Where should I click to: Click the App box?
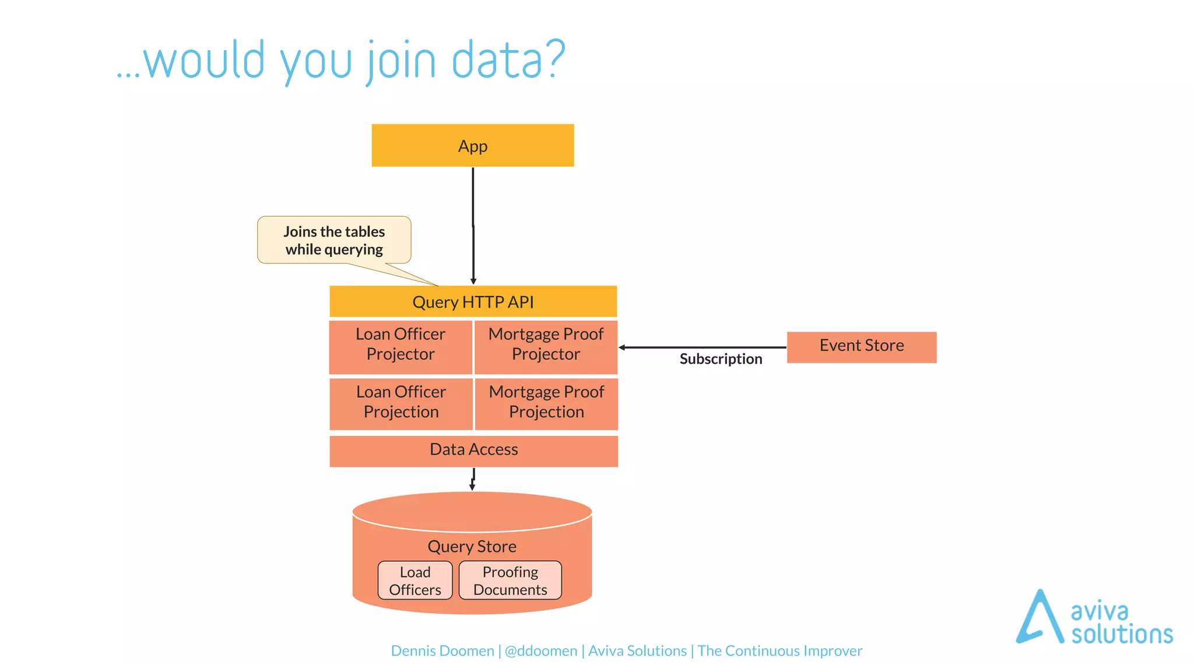tap(472, 146)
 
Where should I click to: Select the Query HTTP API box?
tap(473, 302)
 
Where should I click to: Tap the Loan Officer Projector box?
tap(401, 346)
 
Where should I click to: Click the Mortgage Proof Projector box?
tap(546, 346)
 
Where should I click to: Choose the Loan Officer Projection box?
tap(401, 403)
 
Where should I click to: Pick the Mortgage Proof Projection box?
tap(546, 403)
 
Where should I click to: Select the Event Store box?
tap(861, 347)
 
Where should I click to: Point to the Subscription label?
tap(721, 359)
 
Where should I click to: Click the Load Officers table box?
tap(415, 580)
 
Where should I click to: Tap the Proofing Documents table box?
tap(510, 580)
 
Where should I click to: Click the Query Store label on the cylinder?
tap(472, 547)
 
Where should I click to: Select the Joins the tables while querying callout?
tap(334, 240)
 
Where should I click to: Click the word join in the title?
tap(402, 61)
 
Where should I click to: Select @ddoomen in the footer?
tap(540, 651)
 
